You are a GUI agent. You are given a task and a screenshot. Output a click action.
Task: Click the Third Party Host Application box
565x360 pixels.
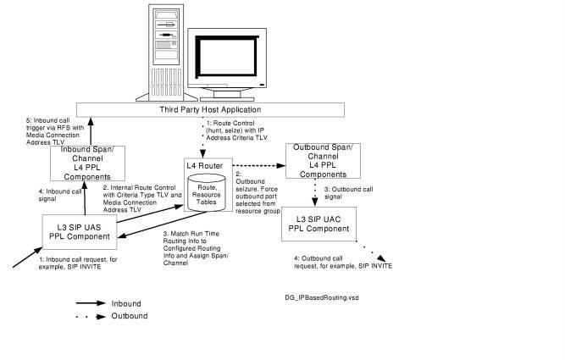point(210,111)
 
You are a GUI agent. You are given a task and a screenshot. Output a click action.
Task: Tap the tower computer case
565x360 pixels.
point(167,51)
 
